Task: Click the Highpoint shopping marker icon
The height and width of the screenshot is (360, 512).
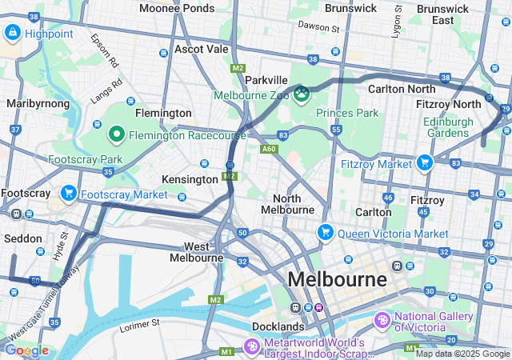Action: [x=13, y=33]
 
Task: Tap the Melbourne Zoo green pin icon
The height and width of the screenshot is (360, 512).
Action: [x=302, y=95]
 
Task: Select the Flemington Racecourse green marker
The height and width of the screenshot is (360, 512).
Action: [x=116, y=134]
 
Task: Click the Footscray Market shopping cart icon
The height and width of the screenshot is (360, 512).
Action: [x=69, y=193]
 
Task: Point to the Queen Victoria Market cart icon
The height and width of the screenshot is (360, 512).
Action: [x=325, y=233]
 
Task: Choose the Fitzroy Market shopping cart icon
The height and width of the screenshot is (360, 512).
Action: [x=424, y=162]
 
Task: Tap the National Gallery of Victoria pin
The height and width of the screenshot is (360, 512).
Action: [x=383, y=320]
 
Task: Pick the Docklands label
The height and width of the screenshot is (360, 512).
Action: [x=277, y=326]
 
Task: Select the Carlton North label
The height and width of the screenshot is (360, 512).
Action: [x=402, y=89]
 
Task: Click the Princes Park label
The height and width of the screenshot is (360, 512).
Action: [x=347, y=113]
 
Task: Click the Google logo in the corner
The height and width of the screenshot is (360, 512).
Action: [x=26, y=350]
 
